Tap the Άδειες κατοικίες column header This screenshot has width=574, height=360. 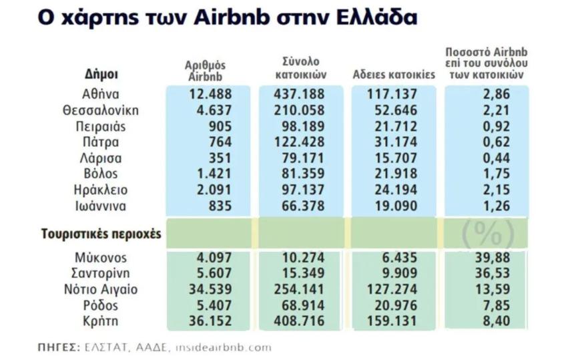[394, 75]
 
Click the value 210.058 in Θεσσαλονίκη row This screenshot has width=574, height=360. [299, 110]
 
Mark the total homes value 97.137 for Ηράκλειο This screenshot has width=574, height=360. [299, 190]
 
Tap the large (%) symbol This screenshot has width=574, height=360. [488, 234]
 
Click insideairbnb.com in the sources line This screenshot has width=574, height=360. [231, 347]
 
